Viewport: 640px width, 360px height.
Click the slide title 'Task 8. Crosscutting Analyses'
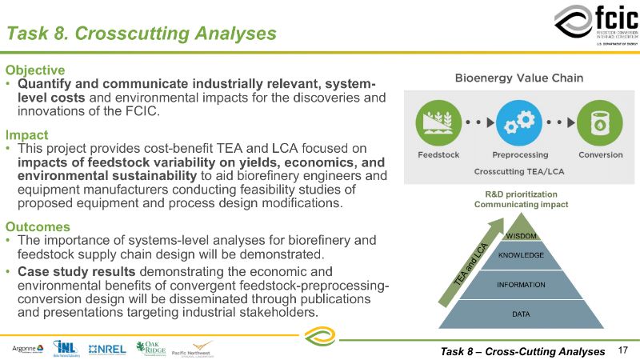tap(142, 34)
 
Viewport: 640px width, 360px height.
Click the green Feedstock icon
tap(434, 123)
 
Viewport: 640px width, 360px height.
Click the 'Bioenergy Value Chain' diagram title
tap(518, 78)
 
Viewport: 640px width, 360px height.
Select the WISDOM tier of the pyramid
tap(522, 234)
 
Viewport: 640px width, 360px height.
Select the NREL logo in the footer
tap(107, 349)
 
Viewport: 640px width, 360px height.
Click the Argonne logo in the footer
tap(28, 349)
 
